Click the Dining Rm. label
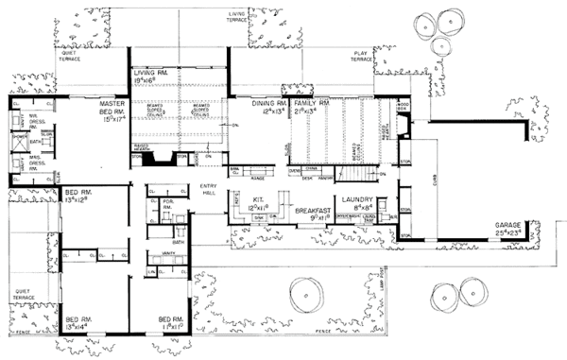(268, 103)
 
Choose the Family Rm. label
(309, 103)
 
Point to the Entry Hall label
(209, 189)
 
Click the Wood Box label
(402, 107)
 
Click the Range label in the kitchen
(255, 176)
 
